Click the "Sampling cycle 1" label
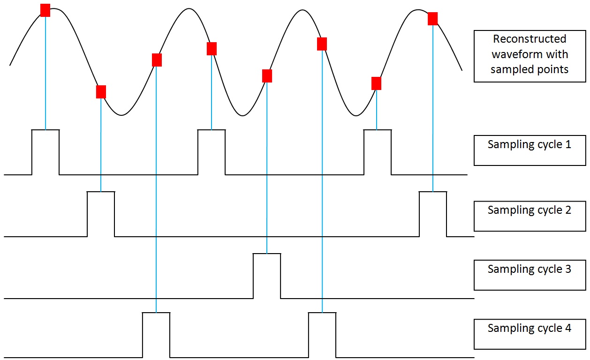point(529,144)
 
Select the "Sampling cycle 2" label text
point(529,210)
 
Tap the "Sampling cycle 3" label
point(529,269)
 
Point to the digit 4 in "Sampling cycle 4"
point(568,328)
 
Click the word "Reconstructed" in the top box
point(529,39)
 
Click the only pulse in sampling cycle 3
point(267,254)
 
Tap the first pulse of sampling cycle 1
point(45,130)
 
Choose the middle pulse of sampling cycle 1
point(212,130)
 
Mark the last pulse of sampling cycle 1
point(378,130)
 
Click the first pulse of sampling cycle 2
point(101,192)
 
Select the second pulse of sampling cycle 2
point(433,192)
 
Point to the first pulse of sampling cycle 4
point(156,313)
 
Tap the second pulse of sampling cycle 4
point(322,313)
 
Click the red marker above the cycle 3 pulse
point(267,76)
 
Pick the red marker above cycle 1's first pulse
point(45,10)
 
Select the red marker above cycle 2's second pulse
point(433,19)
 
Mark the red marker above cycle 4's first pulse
point(157,60)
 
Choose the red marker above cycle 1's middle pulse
point(212,49)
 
